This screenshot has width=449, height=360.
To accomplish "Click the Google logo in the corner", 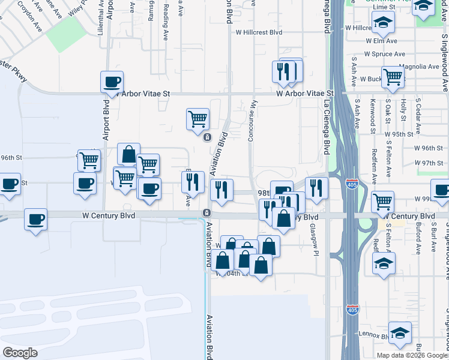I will pyautogui.click(x=20, y=352).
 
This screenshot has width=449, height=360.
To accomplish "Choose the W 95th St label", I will pyautogui.click(x=399, y=134).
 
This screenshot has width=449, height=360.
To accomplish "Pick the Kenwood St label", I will pyautogui.click(x=373, y=116).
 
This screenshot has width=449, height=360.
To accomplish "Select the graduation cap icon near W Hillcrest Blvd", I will pyautogui.click(x=382, y=23).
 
